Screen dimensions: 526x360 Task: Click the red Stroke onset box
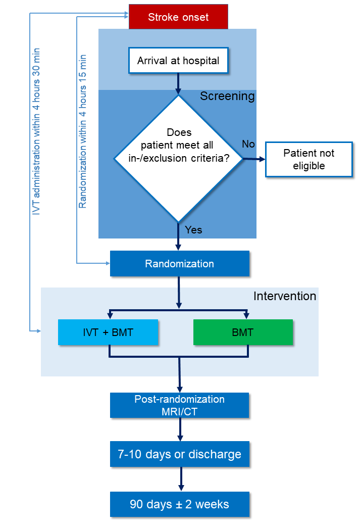click(x=178, y=17)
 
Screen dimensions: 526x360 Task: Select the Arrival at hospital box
click(x=178, y=61)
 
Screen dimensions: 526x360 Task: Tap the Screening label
click(x=227, y=96)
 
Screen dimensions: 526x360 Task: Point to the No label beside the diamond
click(x=248, y=145)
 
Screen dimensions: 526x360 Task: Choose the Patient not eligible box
click(x=308, y=159)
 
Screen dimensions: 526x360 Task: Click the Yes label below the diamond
click(x=193, y=230)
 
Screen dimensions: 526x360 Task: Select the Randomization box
click(x=179, y=264)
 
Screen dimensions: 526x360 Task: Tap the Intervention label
click(x=284, y=296)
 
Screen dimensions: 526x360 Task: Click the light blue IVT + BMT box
click(x=108, y=332)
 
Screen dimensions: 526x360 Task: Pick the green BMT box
click(x=243, y=332)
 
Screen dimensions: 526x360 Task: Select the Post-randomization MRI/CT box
click(x=179, y=405)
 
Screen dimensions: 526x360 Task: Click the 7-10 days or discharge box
click(x=179, y=454)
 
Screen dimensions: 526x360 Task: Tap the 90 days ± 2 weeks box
click(x=179, y=504)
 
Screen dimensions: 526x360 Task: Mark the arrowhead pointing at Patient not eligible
click(x=262, y=159)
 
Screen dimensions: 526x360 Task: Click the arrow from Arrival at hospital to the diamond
click(x=178, y=83)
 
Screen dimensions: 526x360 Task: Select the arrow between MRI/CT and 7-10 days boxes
click(x=180, y=429)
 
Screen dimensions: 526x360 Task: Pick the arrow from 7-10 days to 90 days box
click(x=180, y=479)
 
